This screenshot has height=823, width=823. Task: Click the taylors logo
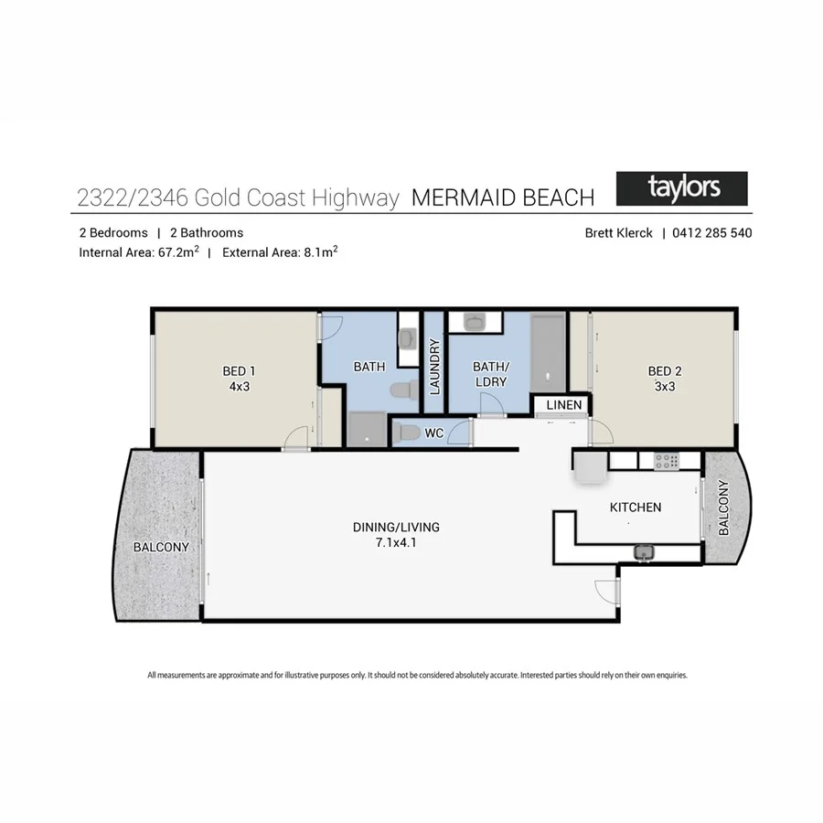tap(682, 188)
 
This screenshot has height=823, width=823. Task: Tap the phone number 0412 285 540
tap(712, 233)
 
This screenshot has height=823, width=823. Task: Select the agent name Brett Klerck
tap(619, 233)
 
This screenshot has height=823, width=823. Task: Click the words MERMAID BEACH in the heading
tap(503, 198)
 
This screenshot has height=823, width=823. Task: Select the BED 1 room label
tap(239, 371)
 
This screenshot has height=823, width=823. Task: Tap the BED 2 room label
tap(665, 371)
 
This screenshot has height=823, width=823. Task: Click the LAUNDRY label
tap(435, 366)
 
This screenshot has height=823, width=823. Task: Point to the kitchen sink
tap(644, 551)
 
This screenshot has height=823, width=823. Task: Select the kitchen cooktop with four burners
tap(668, 462)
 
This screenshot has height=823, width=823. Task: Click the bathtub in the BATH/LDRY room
tap(548, 353)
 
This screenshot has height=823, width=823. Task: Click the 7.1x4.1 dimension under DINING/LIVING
tap(396, 542)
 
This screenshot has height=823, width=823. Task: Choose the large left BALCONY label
tap(161, 548)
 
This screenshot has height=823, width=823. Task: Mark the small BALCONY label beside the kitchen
tap(723, 508)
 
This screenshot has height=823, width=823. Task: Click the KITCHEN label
tap(636, 507)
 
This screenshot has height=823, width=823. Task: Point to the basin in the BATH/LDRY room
tap(475, 321)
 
